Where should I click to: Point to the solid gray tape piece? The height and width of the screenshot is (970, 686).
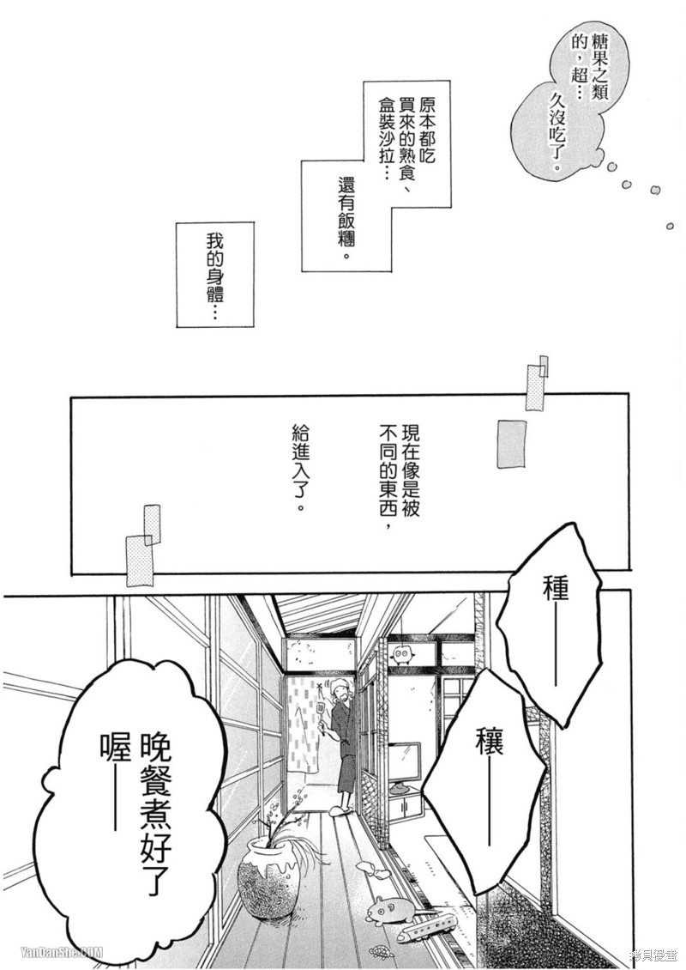[511, 443]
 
